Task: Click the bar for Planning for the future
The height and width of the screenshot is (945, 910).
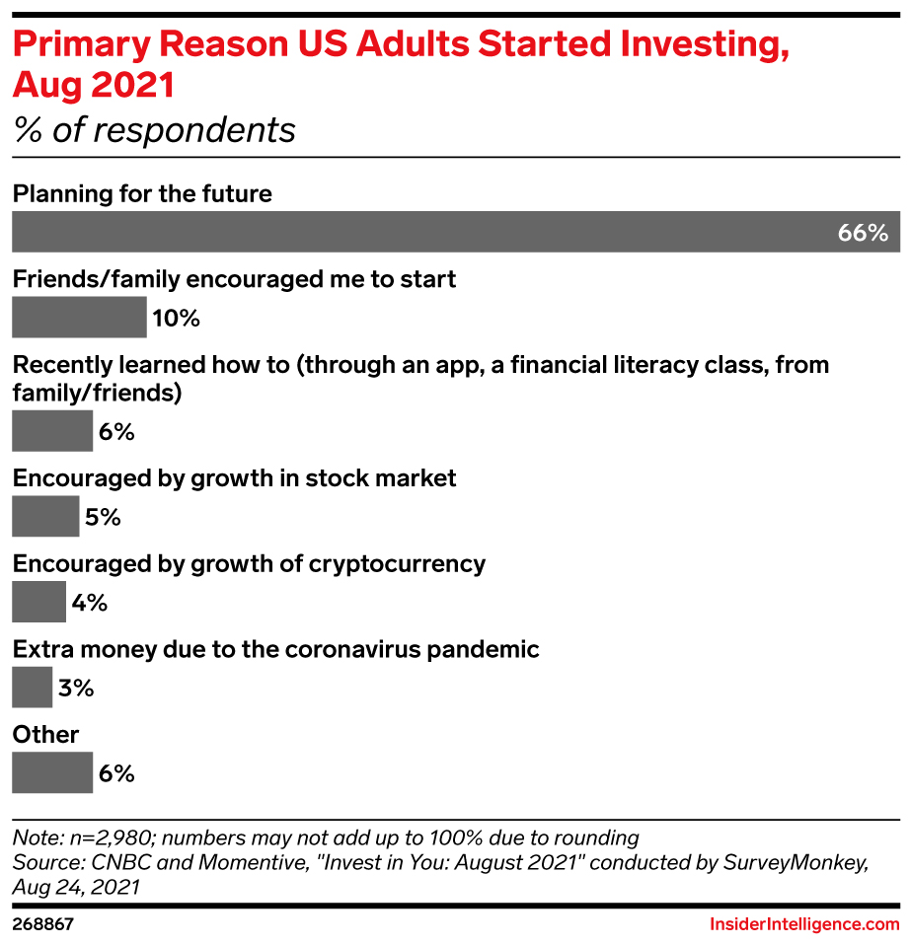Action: (x=424, y=233)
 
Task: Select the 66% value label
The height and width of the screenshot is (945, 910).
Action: (x=863, y=234)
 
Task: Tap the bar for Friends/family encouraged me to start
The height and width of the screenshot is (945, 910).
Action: (x=79, y=318)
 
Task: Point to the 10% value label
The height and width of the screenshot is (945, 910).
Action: (x=176, y=319)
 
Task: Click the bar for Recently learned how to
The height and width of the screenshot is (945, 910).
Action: (x=52, y=431)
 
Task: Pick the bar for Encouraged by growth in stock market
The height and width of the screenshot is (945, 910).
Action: (x=45, y=517)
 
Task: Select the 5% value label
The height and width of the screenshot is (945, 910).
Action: (x=103, y=517)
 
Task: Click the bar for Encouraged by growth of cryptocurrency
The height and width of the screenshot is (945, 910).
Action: (x=38, y=603)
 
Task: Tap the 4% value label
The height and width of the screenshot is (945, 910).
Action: (x=89, y=603)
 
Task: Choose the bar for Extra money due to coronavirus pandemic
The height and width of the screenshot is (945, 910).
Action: (x=32, y=688)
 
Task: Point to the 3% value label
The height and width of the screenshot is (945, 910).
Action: (x=76, y=689)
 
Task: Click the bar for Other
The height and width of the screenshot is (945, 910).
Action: (x=52, y=773)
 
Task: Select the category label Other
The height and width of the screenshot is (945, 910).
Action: (x=45, y=735)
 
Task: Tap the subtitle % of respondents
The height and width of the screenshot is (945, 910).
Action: (x=154, y=129)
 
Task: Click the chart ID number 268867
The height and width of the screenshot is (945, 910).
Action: (x=44, y=924)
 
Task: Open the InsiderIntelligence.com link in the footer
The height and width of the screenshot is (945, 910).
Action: (x=804, y=924)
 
